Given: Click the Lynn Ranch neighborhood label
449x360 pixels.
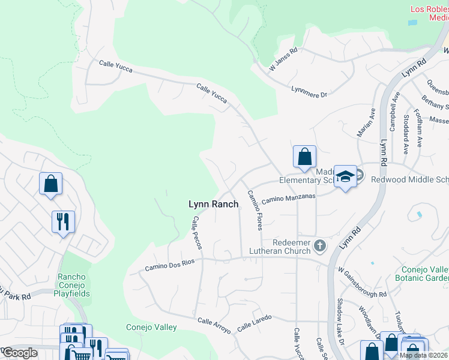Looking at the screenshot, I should point(213,205).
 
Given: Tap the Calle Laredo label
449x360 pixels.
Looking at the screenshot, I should point(255,323).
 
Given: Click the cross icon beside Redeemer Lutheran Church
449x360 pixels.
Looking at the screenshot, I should point(320,245).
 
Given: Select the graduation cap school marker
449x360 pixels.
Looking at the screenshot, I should point(345,176).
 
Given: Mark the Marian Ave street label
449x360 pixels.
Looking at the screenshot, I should point(366,122).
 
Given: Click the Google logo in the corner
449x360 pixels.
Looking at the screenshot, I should point(20,353).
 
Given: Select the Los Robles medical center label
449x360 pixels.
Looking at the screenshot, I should point(429,13).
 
